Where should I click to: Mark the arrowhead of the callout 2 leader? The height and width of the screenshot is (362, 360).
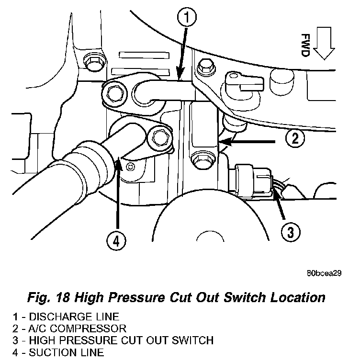point(223,142)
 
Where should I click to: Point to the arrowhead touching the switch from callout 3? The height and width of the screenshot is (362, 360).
point(273,193)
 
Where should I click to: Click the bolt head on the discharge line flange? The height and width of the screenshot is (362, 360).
point(114,90)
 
